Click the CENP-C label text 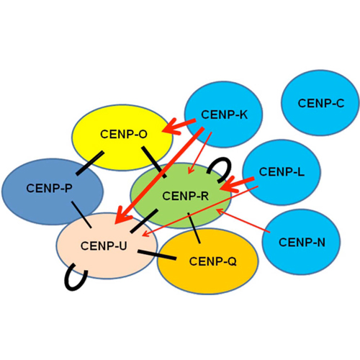[x=321, y=104]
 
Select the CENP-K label [x=224, y=114]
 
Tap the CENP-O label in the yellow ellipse [x=124, y=134]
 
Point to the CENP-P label [x=49, y=189]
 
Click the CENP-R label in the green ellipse [x=186, y=196]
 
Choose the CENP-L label [x=282, y=172]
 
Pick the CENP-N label [x=302, y=243]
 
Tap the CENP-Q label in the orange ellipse [x=212, y=261]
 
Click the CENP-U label [x=104, y=246]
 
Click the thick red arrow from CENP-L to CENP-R [x=237, y=184]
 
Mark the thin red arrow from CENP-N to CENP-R [x=243, y=220]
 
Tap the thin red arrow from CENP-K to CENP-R [x=199, y=153]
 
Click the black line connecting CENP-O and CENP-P [x=90, y=163]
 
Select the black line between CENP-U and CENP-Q [x=157, y=255]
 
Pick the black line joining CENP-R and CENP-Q [x=194, y=228]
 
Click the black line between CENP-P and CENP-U [x=81, y=215]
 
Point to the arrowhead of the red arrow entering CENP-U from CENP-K [x=121, y=217]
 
